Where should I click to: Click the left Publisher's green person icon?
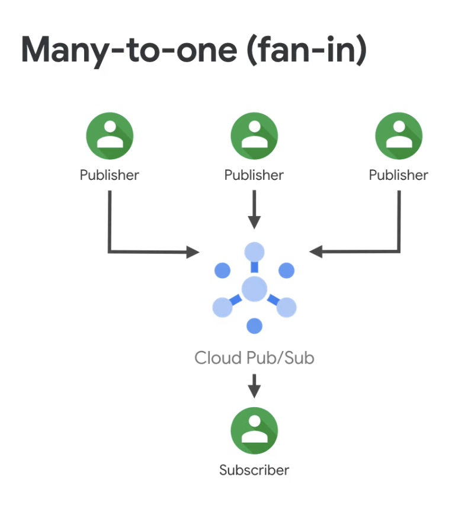pos(110,136)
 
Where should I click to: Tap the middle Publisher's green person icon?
pos(254,136)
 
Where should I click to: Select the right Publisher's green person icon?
pos(399,136)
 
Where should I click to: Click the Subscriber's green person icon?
pos(254,430)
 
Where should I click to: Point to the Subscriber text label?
pos(254,471)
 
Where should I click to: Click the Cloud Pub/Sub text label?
pos(254,357)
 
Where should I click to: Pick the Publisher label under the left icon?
pos(110,175)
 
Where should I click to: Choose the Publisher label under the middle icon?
pos(254,175)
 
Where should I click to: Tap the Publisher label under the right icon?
pos(399,175)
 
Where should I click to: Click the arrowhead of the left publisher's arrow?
pos(193,252)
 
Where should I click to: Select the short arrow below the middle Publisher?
pos(254,210)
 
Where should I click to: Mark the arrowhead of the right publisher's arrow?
pos(316,252)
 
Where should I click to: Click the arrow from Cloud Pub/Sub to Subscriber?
pos(254,385)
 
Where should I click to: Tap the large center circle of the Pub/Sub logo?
pos(254,289)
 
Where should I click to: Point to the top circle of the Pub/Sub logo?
pos(254,252)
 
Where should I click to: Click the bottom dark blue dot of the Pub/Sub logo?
pos(254,326)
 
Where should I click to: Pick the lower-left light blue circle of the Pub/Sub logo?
pos(222,307)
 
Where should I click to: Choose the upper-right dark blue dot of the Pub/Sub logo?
pos(286,270)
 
